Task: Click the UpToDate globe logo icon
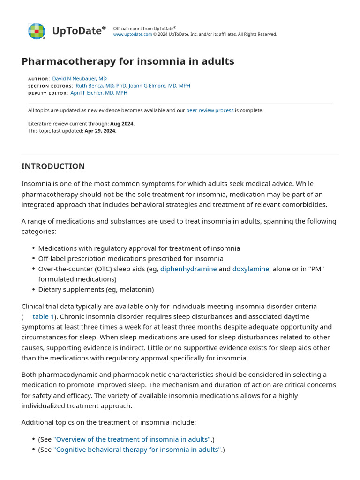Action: tap(37, 31)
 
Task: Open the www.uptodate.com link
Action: tap(133, 34)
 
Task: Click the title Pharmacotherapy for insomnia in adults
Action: tap(127, 61)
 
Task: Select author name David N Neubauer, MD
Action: tap(79, 79)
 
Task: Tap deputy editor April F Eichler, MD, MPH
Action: tap(98, 93)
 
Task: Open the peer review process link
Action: tap(210, 110)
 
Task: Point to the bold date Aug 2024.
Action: tap(122, 124)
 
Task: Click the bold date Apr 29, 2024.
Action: tap(100, 131)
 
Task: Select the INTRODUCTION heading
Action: tap(53, 166)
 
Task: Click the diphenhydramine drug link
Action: tap(188, 269)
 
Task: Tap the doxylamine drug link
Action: tap(251, 269)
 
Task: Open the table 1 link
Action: tap(43, 317)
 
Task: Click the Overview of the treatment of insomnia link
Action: tap(132, 439)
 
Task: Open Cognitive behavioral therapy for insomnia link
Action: tap(137, 450)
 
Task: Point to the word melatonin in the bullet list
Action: tap(136, 290)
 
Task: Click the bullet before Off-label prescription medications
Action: tap(34, 259)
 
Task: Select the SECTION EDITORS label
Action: tap(50, 86)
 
